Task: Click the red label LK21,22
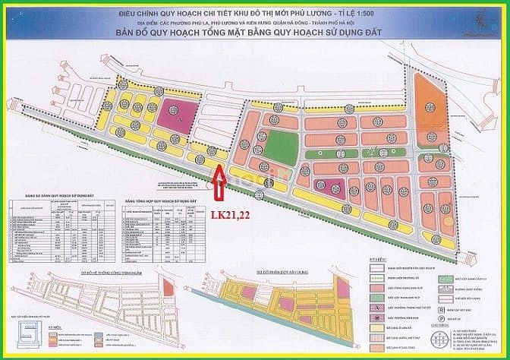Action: click(230, 215)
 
